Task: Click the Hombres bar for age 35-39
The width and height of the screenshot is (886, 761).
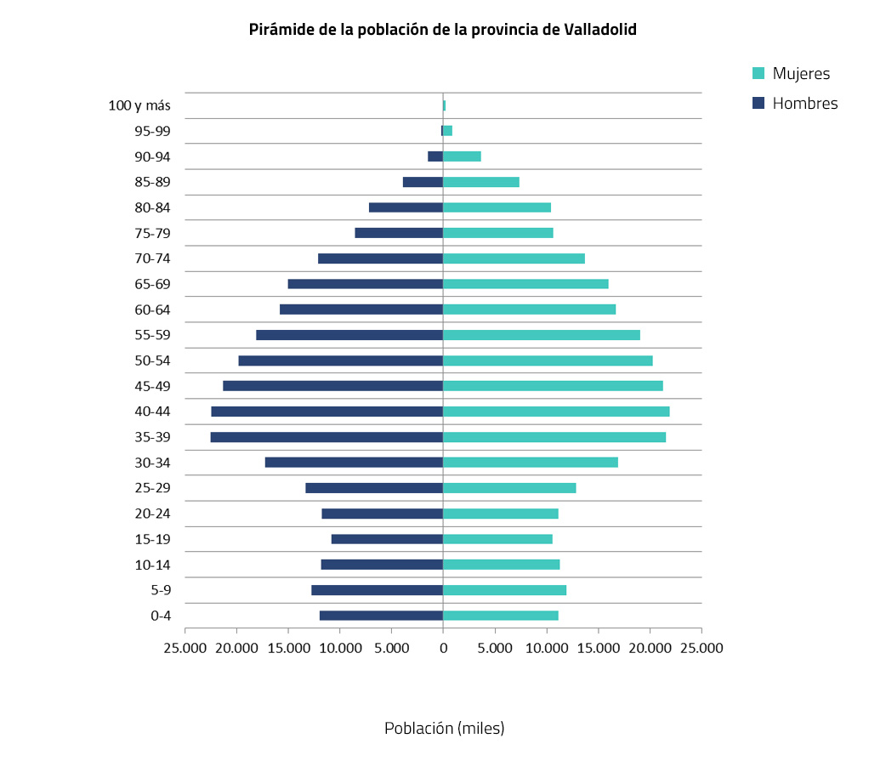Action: [327, 437]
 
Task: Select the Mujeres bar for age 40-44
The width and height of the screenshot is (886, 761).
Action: [556, 412]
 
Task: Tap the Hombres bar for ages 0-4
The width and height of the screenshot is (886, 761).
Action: [381, 616]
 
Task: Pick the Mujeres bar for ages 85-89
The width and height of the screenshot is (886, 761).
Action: [481, 182]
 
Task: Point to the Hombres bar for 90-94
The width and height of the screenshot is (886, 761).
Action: [434, 156]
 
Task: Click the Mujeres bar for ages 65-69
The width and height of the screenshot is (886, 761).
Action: [525, 284]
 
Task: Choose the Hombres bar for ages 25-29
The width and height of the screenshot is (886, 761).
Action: [374, 488]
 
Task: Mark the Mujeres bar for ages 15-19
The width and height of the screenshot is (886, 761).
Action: [497, 539]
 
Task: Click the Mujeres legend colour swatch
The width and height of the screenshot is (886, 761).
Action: [759, 74]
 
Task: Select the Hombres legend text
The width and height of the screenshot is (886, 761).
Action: [804, 104]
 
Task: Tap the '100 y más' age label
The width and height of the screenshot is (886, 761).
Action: [139, 106]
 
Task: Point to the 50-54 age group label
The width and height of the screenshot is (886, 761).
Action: [152, 361]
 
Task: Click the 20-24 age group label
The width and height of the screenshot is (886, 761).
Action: [152, 514]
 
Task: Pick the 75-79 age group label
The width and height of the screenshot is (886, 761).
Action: [152, 233]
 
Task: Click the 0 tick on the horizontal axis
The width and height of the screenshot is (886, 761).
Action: [443, 648]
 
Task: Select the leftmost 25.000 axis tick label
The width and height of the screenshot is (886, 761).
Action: [185, 648]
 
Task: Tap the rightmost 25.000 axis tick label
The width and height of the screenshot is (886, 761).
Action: [701, 648]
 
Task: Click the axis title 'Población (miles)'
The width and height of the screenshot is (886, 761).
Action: [444, 729]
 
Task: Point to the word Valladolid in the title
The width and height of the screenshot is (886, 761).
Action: [600, 30]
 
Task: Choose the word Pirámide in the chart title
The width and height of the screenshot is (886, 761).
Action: [278, 30]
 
